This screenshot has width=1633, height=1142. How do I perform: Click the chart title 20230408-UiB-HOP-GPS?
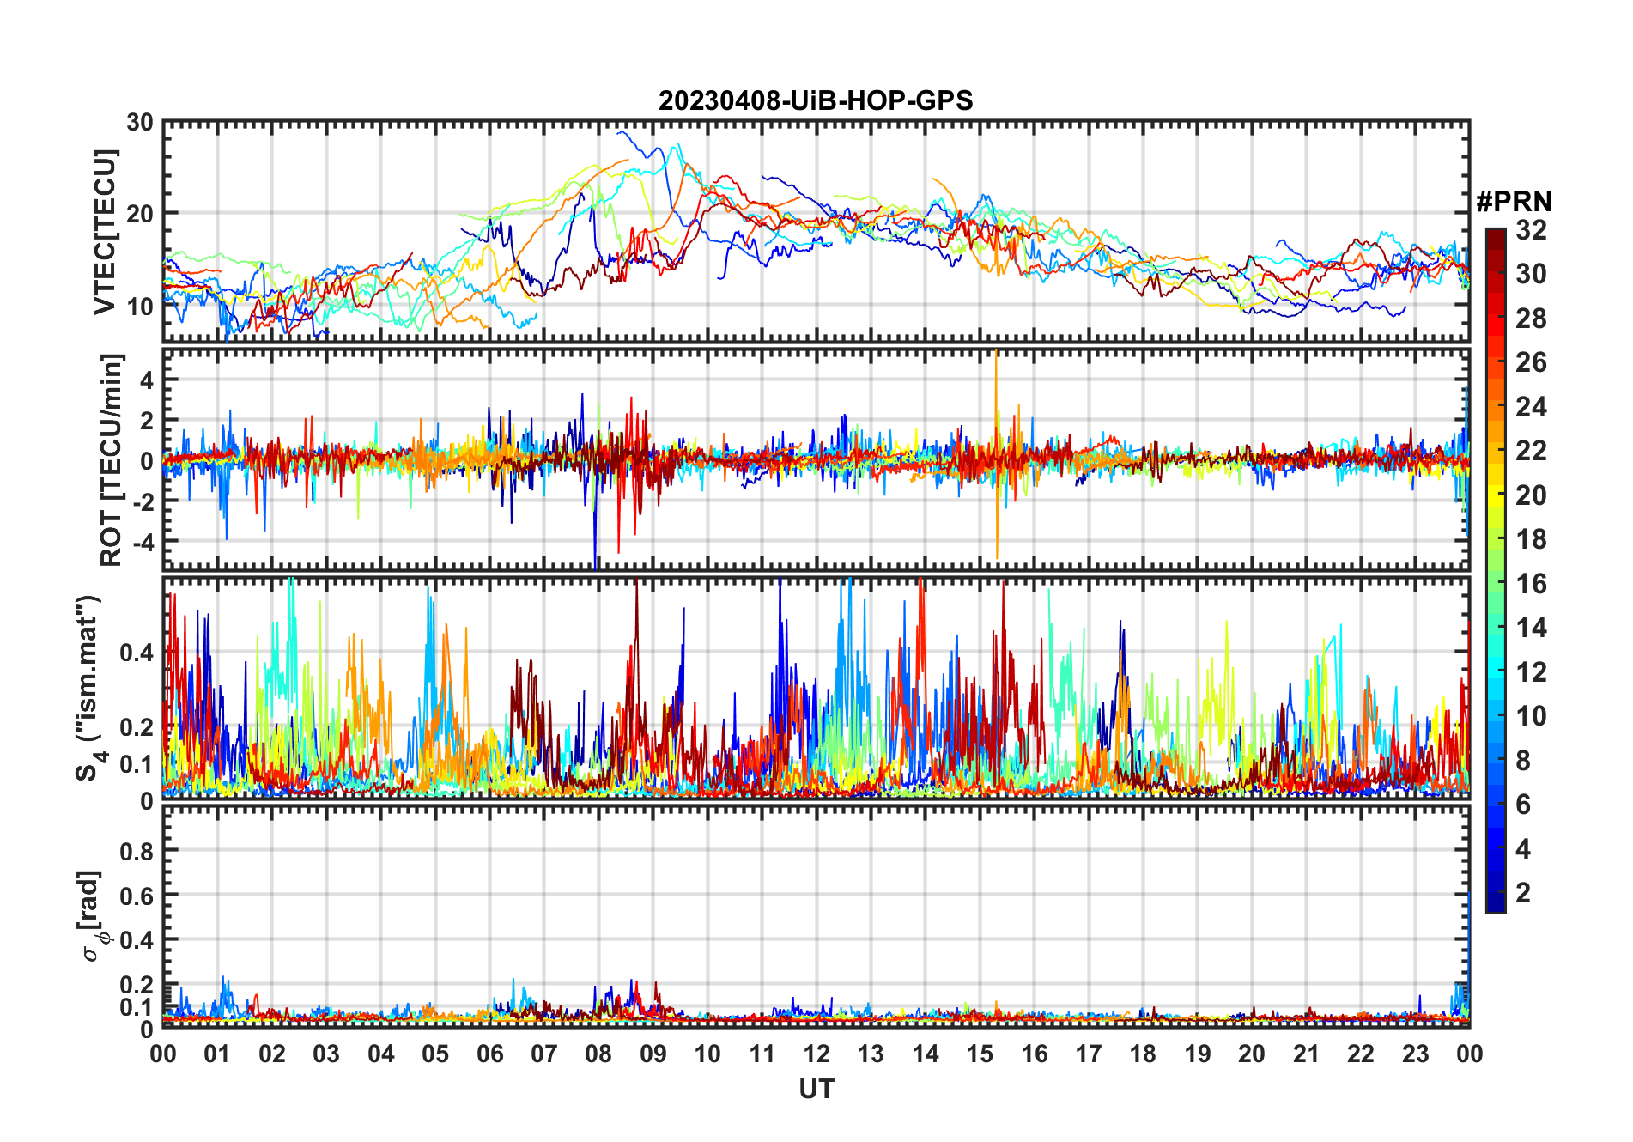coord(816,100)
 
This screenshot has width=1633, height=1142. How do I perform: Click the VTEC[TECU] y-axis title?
coord(105,232)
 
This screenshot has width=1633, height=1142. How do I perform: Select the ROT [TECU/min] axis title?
coord(112,459)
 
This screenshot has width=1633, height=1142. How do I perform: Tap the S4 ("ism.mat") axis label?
coord(88,687)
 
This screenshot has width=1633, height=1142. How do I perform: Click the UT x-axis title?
coord(816,1089)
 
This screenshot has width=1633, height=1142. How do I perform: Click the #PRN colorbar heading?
coord(1514,202)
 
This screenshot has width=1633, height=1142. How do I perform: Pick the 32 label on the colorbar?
coord(1531,229)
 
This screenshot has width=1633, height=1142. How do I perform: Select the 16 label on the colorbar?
coord(1531,584)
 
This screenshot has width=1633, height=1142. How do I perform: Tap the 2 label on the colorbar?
coord(1523,893)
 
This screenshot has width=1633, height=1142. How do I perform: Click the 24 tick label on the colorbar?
coord(1531,406)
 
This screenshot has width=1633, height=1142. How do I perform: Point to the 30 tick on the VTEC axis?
coord(140,122)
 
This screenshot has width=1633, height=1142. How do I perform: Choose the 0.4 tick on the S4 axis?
coord(137,652)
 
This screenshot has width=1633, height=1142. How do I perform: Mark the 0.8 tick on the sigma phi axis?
coord(137,851)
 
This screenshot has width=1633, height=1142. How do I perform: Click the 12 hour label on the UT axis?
coord(816,1054)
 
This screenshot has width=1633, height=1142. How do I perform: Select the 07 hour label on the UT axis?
coord(544,1054)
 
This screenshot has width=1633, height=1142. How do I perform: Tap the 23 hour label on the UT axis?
coord(1415,1054)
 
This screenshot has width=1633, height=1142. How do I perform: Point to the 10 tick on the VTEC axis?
coord(140,305)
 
